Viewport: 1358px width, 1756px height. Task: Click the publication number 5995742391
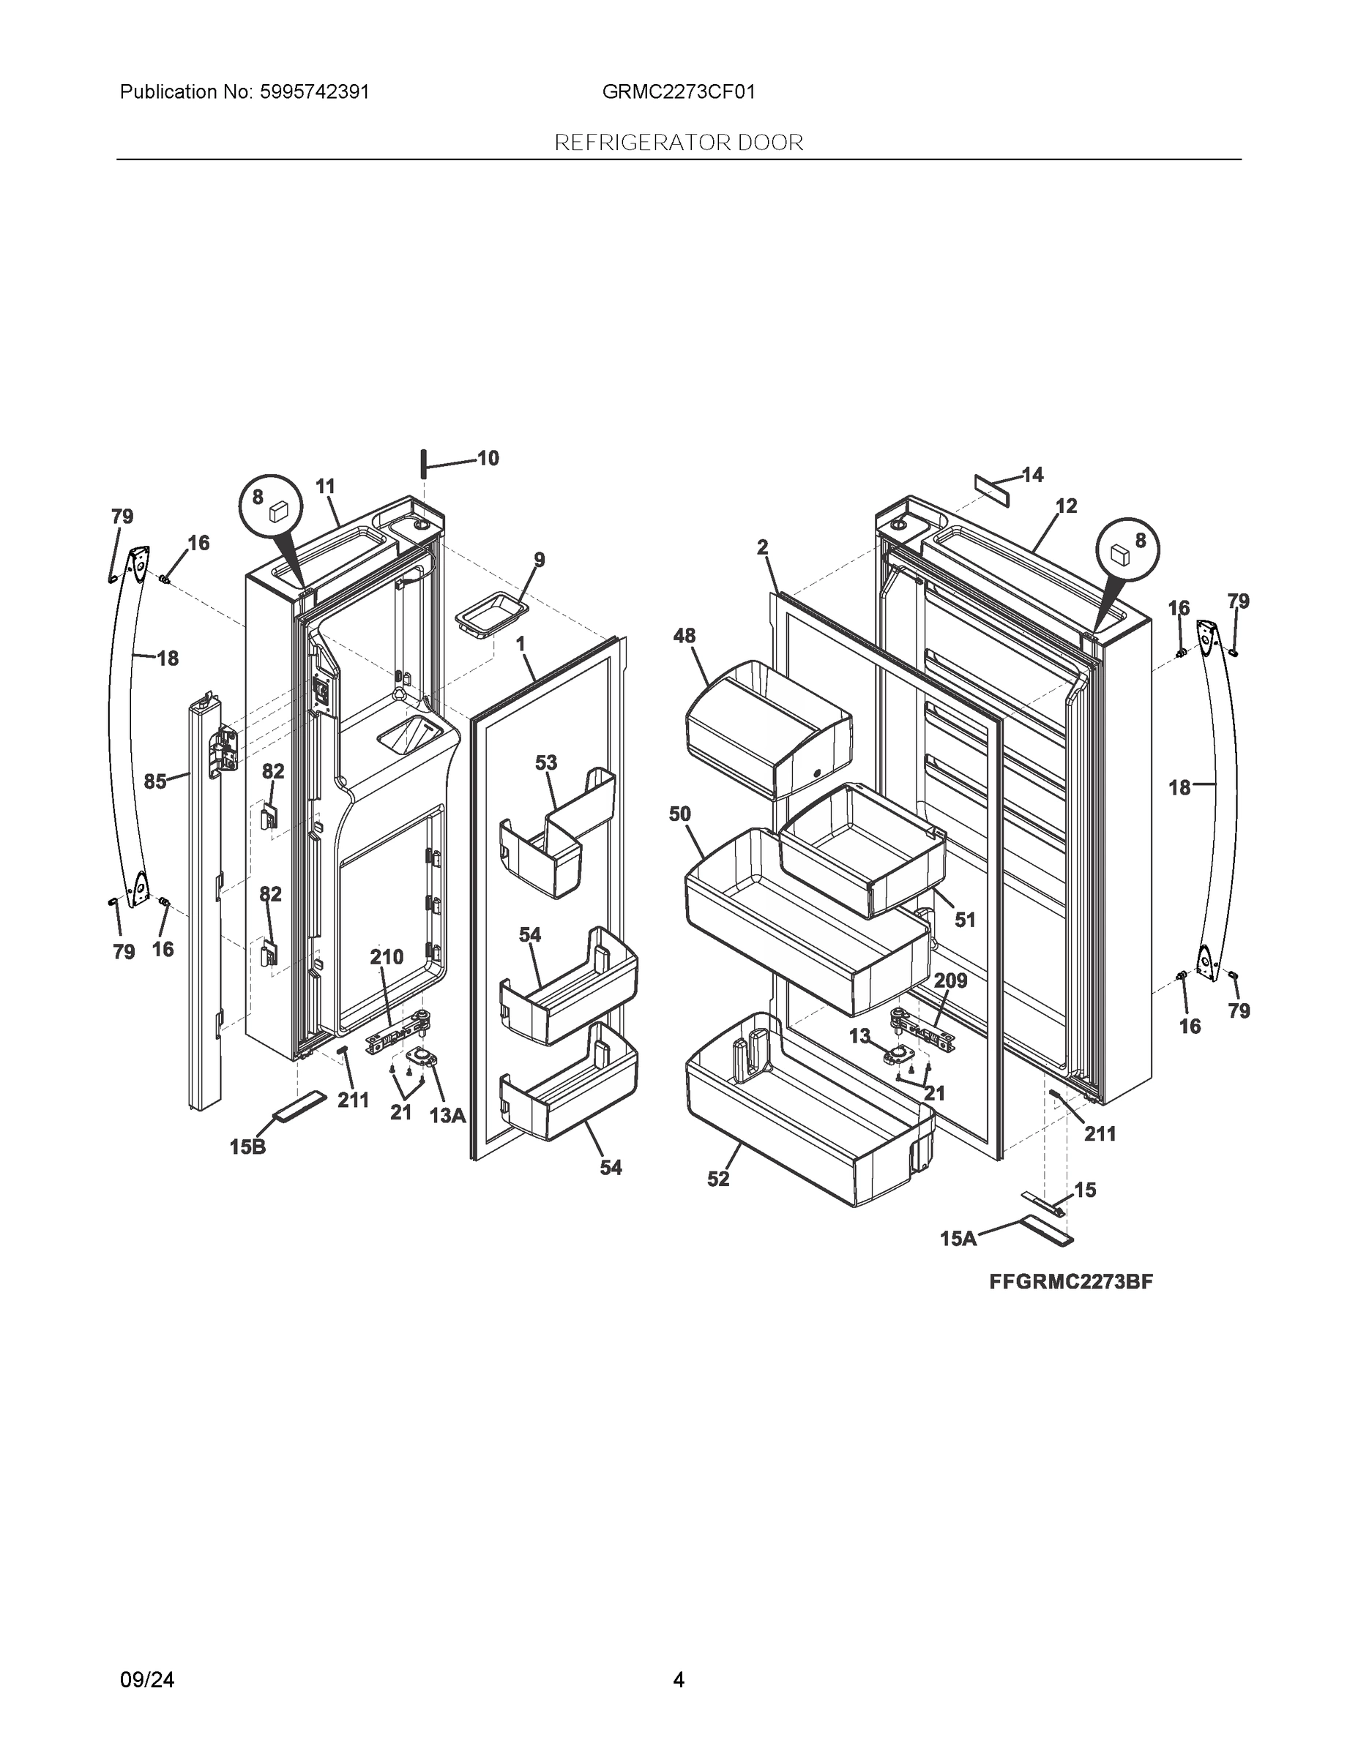click(315, 92)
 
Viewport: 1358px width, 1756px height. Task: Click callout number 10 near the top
click(488, 458)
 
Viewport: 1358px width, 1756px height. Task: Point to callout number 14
click(1032, 475)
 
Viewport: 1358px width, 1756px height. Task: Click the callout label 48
click(684, 636)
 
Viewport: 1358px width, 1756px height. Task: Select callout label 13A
click(447, 1115)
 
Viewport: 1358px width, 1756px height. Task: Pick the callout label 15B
click(247, 1147)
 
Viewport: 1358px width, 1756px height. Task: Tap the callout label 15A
click(958, 1239)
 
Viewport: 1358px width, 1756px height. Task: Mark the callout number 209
click(950, 981)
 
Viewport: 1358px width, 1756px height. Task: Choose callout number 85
click(155, 781)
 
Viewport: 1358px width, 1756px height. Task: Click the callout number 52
click(718, 1179)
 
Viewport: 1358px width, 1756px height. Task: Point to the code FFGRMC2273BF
click(1071, 1282)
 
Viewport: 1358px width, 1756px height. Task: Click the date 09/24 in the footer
click(146, 1680)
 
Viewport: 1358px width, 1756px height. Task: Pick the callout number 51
click(965, 919)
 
